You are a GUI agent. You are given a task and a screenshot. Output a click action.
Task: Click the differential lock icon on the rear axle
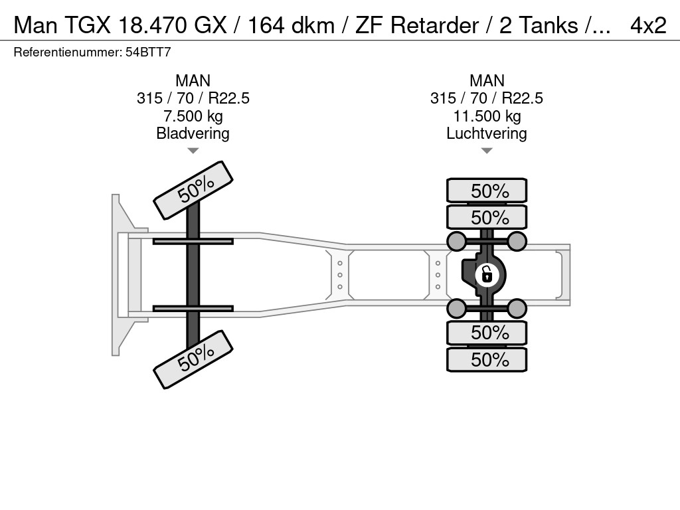tap(487, 275)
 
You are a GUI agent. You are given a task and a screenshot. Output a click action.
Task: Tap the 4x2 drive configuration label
tap(648, 25)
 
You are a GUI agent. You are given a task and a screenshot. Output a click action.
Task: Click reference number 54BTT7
tap(148, 52)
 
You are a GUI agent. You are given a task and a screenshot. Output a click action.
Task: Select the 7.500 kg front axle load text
tap(193, 116)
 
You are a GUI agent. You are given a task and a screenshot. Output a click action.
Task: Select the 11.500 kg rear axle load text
tap(487, 116)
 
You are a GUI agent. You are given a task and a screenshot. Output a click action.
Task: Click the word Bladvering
tap(193, 133)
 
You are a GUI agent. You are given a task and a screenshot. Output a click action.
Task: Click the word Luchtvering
tap(487, 133)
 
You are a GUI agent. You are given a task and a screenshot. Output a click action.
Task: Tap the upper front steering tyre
tap(193, 190)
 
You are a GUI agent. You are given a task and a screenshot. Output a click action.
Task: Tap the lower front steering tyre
tap(193, 359)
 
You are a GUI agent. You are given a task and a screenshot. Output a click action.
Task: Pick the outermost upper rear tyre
tap(487, 191)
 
